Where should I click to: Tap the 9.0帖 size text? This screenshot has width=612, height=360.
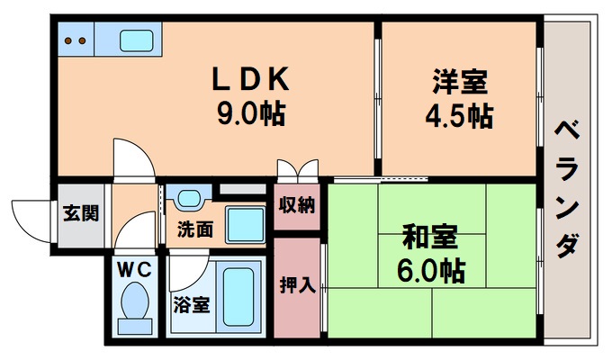pyautogui.click(x=250, y=115)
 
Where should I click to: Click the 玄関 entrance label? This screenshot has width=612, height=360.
pyautogui.click(x=81, y=213)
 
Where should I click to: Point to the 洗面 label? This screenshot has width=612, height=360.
pyautogui.click(x=194, y=229)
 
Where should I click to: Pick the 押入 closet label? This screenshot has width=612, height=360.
pyautogui.click(x=297, y=285)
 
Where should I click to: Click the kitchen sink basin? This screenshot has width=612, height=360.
pyautogui.click(x=136, y=40)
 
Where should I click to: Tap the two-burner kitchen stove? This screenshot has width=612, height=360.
pyautogui.click(x=76, y=40)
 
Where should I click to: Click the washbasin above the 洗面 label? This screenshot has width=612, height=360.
pyautogui.click(x=188, y=198)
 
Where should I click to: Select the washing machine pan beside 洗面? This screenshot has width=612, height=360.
pyautogui.click(x=243, y=221)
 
